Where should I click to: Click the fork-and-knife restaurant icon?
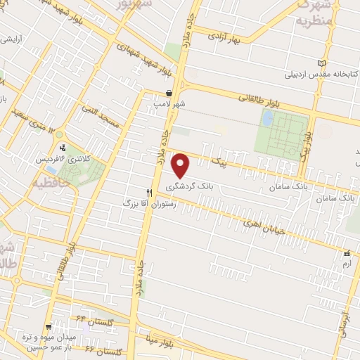[149, 192]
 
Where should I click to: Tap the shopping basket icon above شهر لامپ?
[169, 93]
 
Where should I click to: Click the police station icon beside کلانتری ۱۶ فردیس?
[63, 148]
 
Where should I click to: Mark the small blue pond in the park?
[267, 119]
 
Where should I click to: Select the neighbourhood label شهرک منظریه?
[311, 13]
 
